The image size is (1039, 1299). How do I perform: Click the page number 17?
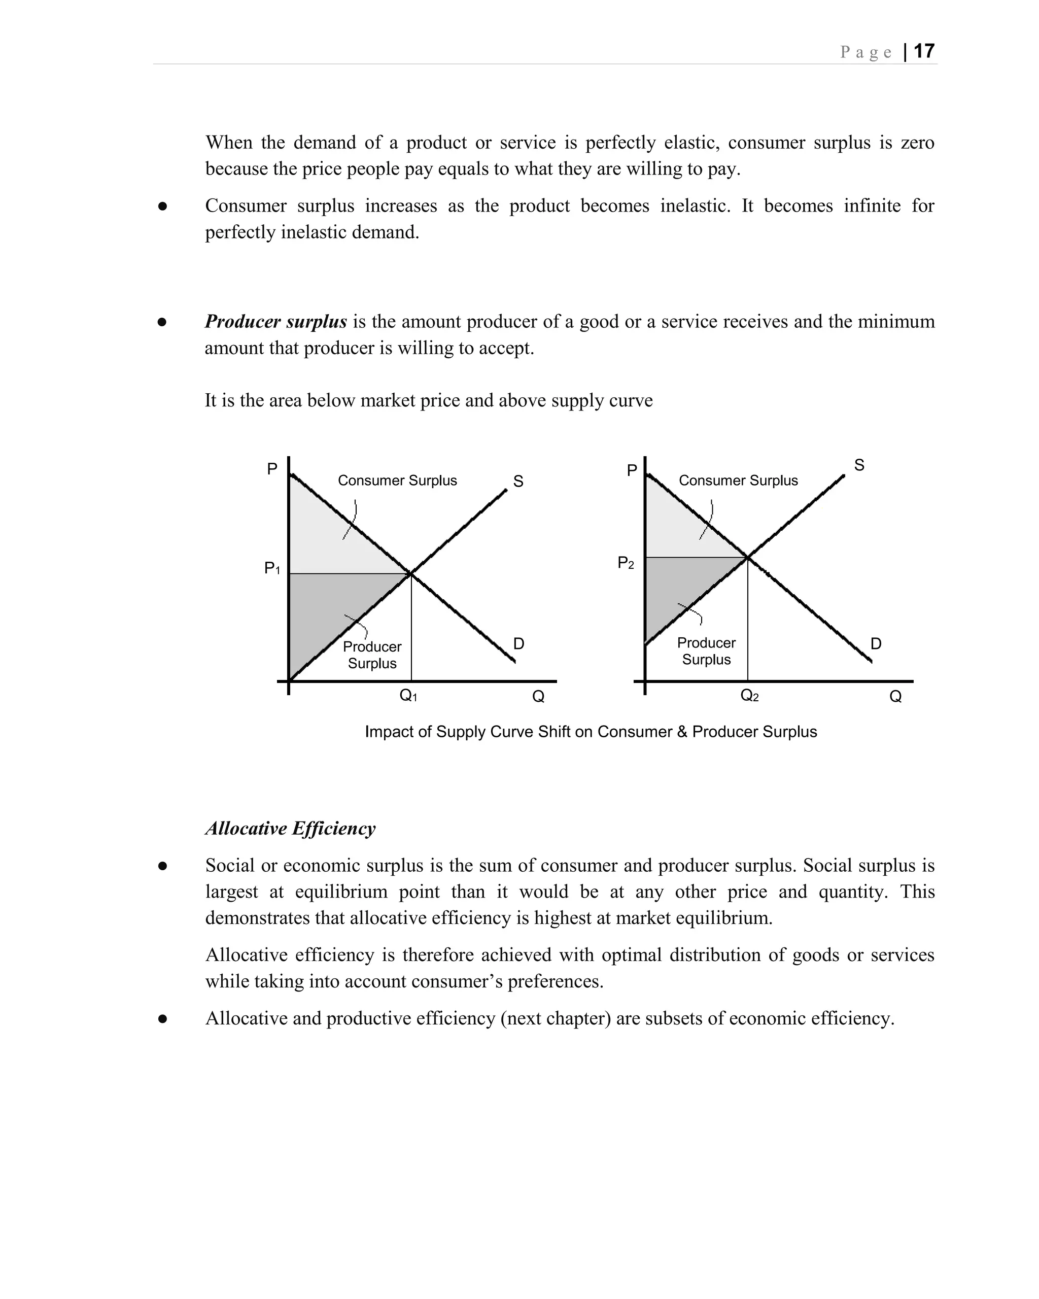923,51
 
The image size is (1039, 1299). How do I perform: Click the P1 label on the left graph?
272,568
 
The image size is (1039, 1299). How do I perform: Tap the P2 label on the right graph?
626,563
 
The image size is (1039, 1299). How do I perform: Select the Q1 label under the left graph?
408,696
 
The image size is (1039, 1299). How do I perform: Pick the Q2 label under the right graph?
749,696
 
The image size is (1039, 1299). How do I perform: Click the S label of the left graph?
518,481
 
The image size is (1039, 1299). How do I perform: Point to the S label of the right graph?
859,465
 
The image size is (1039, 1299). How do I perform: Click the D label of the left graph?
518,643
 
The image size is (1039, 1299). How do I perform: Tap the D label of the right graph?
876,643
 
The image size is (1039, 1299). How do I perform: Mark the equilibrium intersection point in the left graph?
411,573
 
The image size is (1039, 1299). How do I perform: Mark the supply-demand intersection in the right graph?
747,557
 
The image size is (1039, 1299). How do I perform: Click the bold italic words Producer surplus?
276,321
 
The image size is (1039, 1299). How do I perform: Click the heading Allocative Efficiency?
290,829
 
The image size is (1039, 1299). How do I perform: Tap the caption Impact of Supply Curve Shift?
591,731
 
